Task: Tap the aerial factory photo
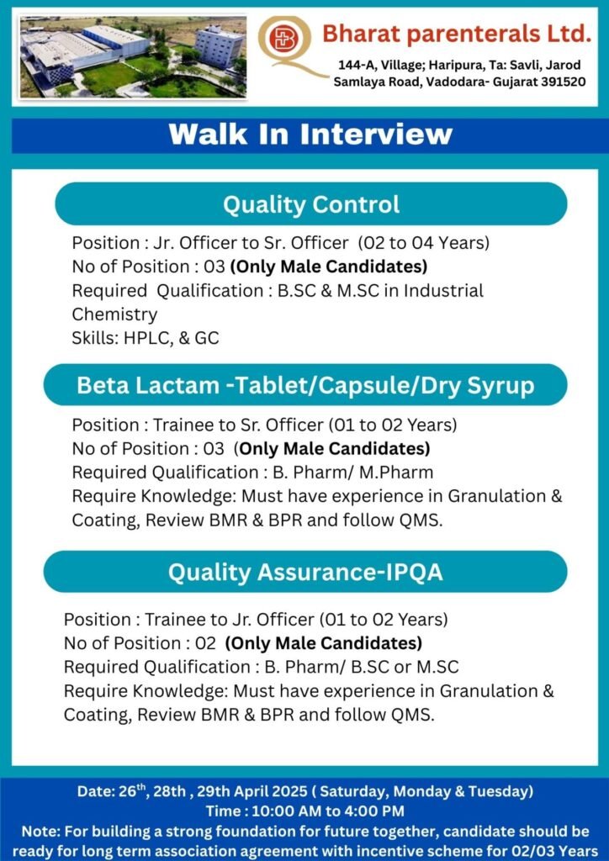coord(132,57)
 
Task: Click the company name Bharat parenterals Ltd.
coord(457,34)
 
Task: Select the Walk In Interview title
coord(311,135)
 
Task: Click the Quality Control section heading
coord(311,204)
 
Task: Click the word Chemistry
coord(114,314)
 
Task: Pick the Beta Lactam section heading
coord(305,385)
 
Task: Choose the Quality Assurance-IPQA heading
coord(305,572)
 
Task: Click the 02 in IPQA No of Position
coord(206,643)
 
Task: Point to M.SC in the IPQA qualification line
coord(437,667)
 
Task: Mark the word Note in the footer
coord(37,832)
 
